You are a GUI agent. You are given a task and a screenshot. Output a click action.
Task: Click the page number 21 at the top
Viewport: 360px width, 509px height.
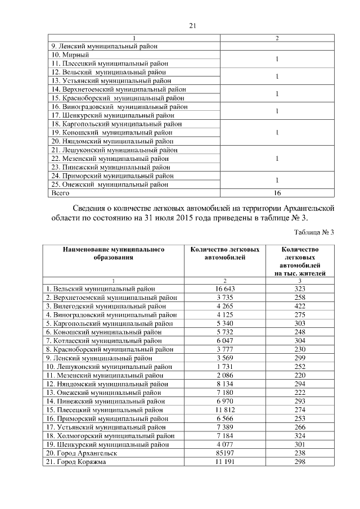click(192, 25)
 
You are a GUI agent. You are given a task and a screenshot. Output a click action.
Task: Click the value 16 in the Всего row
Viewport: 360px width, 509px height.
click(277, 192)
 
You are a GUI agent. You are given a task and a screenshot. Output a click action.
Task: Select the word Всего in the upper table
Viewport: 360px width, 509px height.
click(60, 192)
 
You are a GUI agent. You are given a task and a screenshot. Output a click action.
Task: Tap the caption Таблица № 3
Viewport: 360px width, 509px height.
click(314, 232)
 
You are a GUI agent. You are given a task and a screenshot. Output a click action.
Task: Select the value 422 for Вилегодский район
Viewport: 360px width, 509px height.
click(300, 307)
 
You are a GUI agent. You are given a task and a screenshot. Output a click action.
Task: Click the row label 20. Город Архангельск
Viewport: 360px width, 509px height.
click(81, 453)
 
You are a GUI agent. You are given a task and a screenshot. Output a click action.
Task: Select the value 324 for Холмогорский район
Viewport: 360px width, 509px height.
click(300, 435)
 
